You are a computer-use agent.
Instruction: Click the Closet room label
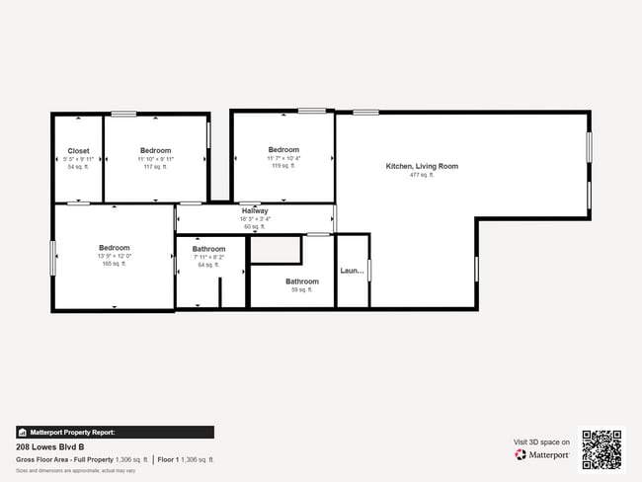coord(78,151)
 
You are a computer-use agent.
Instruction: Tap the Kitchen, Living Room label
coord(422,166)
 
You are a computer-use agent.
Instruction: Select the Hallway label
coord(255,211)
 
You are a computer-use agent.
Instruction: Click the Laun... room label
coord(353,271)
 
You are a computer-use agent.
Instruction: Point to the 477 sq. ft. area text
coord(422,175)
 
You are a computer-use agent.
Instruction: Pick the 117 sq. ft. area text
coord(155,167)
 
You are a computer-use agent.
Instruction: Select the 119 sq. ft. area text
coord(283,166)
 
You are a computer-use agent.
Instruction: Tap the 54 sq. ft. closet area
coord(78,167)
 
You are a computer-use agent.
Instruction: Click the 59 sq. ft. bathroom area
coord(301,289)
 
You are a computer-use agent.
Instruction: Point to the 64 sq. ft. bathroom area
coord(208,265)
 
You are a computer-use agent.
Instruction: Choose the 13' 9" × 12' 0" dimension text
coord(114,257)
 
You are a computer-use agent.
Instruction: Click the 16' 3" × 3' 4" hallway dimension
coord(255,219)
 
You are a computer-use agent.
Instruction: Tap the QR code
coord(602,448)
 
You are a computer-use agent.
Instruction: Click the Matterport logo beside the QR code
coord(542,454)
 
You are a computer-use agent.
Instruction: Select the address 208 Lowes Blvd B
coord(49,446)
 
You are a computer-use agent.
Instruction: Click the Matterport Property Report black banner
coord(115,432)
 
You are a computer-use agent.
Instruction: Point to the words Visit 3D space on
coord(541,442)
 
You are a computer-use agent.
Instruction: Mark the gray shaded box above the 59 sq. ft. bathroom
coord(275,249)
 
